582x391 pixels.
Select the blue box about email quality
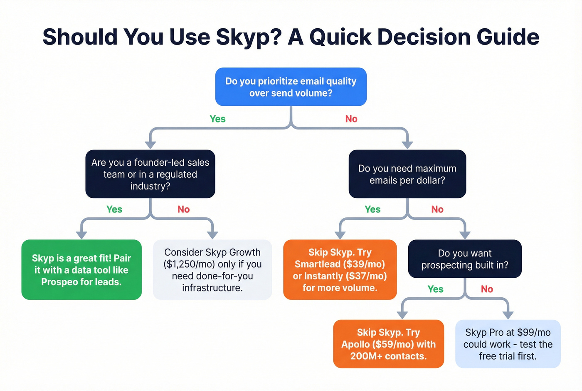[x=291, y=87]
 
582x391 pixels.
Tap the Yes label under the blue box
[x=217, y=119]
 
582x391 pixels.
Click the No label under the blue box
[x=351, y=119]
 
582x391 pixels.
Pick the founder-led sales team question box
[x=150, y=174]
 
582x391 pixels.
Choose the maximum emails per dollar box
[x=407, y=174]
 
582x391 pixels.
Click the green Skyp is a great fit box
[x=81, y=270]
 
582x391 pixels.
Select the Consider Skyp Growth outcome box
[x=212, y=270]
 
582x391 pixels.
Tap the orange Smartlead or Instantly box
[x=340, y=270]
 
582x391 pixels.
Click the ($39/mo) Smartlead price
[x=364, y=264]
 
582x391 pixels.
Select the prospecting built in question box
[x=464, y=259]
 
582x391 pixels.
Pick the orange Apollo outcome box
[x=388, y=344]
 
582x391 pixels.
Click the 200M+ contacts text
[x=388, y=356]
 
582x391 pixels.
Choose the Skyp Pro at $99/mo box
[x=508, y=344]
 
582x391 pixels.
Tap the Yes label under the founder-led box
[x=114, y=209]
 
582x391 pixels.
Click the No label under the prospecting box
[x=487, y=289]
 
